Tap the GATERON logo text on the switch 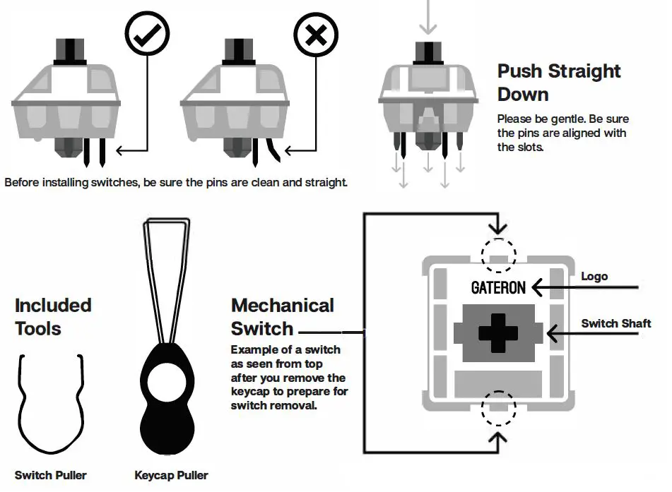tap(498, 287)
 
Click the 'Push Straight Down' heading tap(558, 83)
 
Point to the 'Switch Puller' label tap(51, 475)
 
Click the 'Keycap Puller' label tap(171, 475)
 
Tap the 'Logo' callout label tap(594, 276)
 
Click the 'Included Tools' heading tap(53, 317)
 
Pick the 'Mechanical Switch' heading tap(282, 317)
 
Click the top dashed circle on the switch tap(498, 253)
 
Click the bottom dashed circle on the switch tap(498, 409)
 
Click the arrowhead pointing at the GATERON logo tap(539, 287)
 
